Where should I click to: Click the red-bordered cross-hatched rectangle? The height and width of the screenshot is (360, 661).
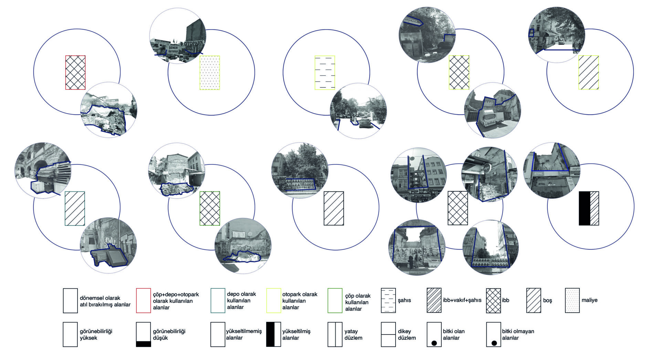click(x=75, y=73)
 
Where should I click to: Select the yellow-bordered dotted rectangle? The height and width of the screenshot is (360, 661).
click(x=210, y=73)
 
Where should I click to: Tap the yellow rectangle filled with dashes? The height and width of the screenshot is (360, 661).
click(x=325, y=73)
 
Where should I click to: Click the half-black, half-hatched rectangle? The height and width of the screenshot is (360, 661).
click(x=589, y=208)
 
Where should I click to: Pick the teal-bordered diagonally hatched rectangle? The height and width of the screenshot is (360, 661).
click(x=75, y=208)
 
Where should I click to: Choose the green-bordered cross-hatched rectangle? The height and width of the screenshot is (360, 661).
click(x=210, y=208)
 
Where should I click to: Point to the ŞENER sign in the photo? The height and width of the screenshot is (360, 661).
click(x=173, y=47)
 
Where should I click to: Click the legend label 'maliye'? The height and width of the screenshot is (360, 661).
click(x=589, y=300)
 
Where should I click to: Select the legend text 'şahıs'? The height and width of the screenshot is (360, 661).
click(x=404, y=300)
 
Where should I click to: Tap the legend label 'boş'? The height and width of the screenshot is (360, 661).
click(x=547, y=300)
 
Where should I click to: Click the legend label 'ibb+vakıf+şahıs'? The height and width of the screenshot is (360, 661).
click(x=462, y=300)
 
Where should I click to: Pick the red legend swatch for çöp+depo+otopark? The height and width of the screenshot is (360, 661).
click(x=143, y=300)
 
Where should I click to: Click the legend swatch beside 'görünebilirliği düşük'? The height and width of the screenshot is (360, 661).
click(x=143, y=335)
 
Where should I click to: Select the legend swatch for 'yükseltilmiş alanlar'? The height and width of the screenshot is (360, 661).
click(x=273, y=335)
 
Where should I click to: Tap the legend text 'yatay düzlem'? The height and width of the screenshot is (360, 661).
click(x=353, y=335)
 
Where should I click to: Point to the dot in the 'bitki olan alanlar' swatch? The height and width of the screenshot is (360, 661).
click(x=434, y=343)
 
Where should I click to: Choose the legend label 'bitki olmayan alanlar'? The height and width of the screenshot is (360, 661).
click(x=518, y=335)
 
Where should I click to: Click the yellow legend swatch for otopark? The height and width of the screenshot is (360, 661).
click(x=273, y=300)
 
